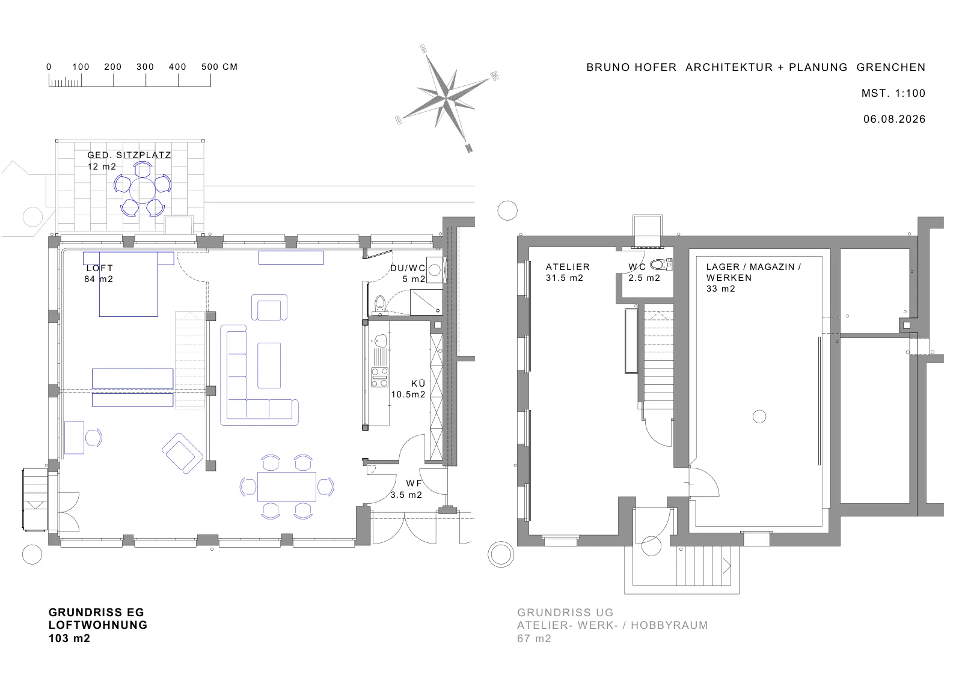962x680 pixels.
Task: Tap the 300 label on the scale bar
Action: [145, 67]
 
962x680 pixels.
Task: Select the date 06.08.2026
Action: [895, 119]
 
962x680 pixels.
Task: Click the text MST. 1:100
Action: [893, 93]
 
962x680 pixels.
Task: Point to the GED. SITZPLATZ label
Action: [129, 155]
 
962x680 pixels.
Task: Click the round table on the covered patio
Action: [142, 190]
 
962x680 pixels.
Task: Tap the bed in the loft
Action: [129, 284]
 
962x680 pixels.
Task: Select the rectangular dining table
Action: [286, 486]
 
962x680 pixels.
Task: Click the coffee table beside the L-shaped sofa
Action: [269, 366]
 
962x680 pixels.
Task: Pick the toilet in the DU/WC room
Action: [379, 304]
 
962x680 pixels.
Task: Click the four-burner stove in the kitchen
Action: [379, 377]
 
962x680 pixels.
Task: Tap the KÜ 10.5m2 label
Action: [408, 389]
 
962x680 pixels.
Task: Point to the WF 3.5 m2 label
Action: [406, 489]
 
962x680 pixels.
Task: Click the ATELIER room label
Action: [568, 267]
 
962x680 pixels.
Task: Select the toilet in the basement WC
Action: [661, 264]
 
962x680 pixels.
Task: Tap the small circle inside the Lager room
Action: [759, 417]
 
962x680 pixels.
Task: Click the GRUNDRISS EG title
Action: [96, 612]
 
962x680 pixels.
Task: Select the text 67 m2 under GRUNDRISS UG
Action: [534, 639]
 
